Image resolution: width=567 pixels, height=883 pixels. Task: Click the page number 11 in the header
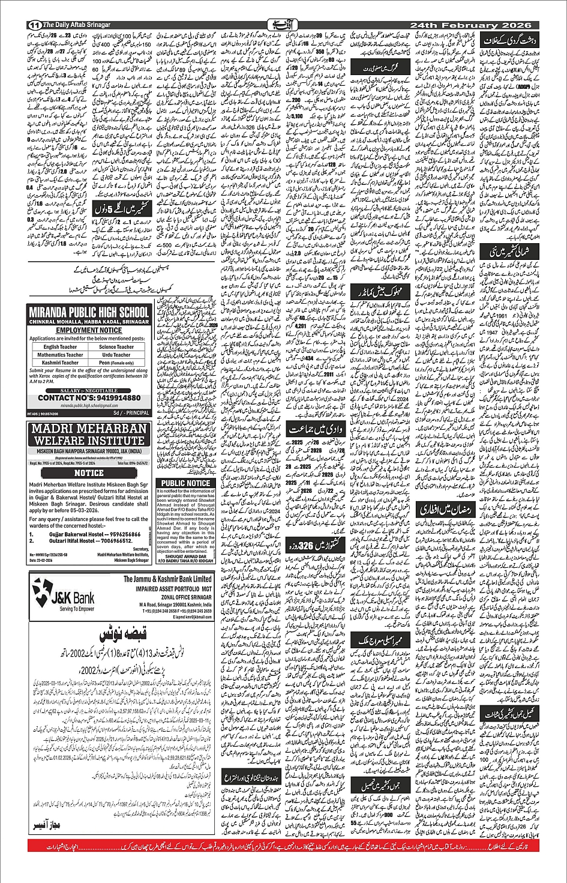point(34,25)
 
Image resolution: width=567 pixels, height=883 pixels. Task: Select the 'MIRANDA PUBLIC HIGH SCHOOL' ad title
point(89,312)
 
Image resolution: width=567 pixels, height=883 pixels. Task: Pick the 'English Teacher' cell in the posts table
point(60,347)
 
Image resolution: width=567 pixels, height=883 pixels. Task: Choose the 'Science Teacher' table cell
point(116,347)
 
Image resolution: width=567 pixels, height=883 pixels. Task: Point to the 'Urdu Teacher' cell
point(116,355)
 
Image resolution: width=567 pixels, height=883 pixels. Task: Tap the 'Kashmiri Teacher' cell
point(60,363)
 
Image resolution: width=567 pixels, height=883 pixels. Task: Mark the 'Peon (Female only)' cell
point(116,363)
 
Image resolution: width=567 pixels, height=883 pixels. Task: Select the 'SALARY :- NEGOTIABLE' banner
point(89,390)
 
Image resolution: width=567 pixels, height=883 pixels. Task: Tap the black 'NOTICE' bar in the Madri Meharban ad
point(89,473)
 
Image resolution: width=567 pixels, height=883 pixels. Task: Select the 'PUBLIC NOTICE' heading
point(185,483)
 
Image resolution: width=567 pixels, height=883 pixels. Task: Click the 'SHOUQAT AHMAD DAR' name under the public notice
point(185,556)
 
